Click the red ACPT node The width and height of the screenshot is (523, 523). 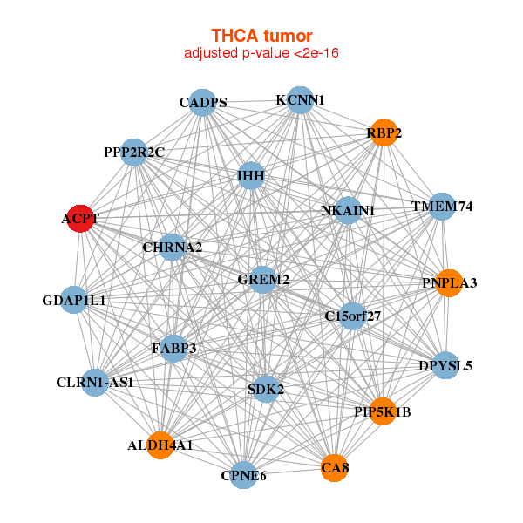pyautogui.click(x=79, y=218)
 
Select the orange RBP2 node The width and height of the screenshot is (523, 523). pyautogui.click(x=384, y=132)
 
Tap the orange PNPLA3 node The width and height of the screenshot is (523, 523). pyautogui.click(x=448, y=282)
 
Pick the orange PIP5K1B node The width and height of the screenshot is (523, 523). pyautogui.click(x=383, y=411)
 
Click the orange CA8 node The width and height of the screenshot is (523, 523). pyautogui.click(x=334, y=468)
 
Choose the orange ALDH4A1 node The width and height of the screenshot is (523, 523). pyautogui.click(x=160, y=445)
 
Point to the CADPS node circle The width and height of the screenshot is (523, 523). pyautogui.click(x=202, y=102)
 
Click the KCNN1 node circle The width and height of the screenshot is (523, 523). pyautogui.click(x=299, y=99)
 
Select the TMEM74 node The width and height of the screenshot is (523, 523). pyautogui.click(x=442, y=207)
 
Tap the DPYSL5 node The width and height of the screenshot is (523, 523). pyautogui.click(x=445, y=365)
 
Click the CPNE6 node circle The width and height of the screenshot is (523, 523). pyautogui.click(x=244, y=475)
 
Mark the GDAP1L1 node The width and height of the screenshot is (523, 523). pyautogui.click(x=74, y=300)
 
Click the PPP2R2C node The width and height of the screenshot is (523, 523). pyautogui.click(x=133, y=153)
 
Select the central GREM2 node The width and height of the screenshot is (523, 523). pyautogui.click(x=263, y=279)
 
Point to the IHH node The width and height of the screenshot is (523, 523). pyautogui.click(x=251, y=176)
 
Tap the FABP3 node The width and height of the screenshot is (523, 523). pyautogui.click(x=173, y=349)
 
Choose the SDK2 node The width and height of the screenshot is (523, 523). pyautogui.click(x=266, y=389)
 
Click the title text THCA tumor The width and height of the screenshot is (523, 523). pyautogui.click(x=261, y=36)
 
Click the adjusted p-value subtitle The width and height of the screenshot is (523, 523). pyautogui.click(x=261, y=53)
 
